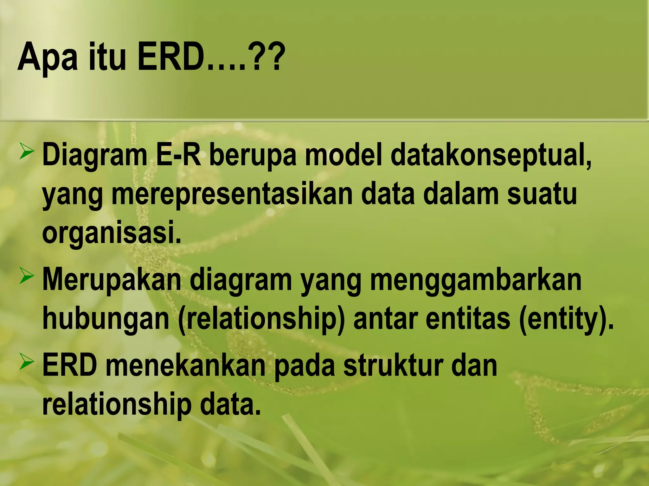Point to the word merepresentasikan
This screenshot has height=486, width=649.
[x=232, y=195]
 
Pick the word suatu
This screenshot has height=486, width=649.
[x=542, y=195]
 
